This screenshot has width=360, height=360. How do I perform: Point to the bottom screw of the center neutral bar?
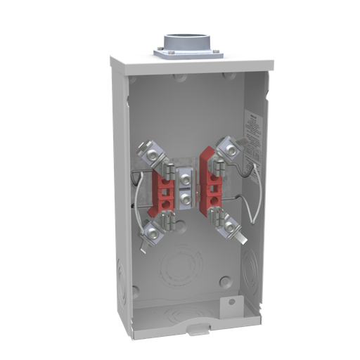[x=185, y=200]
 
